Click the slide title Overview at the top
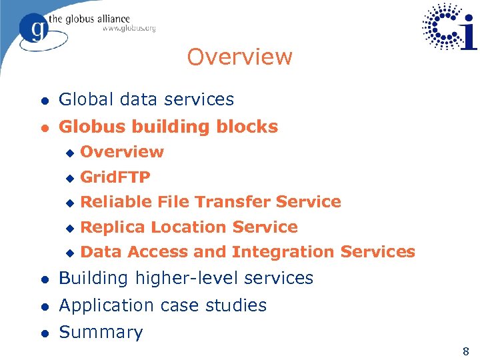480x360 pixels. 239,57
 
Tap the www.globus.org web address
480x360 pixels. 129,28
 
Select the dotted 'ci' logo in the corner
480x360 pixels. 450,27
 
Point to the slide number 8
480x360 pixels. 465,351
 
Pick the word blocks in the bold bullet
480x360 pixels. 249,127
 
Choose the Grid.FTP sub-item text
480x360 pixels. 115,177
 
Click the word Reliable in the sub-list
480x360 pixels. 116,201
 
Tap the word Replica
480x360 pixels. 113,227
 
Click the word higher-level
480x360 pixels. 192,278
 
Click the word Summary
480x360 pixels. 101,332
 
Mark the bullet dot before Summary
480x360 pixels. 43,333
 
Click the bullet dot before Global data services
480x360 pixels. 43,101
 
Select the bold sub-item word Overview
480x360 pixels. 121,151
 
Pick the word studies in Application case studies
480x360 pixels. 237,305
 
